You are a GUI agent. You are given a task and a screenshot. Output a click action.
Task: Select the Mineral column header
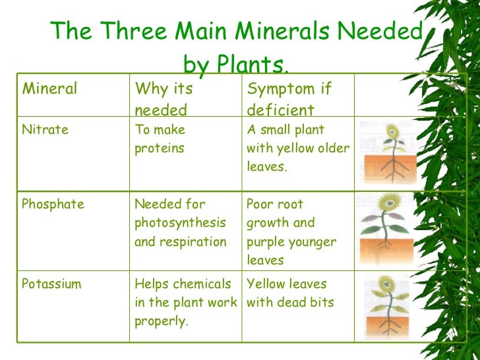tap(49, 88)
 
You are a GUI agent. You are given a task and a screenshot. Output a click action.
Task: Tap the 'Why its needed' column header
tap(163, 98)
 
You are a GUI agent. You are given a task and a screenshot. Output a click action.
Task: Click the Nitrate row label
tap(45, 130)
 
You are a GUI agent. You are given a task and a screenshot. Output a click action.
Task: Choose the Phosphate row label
tap(53, 204)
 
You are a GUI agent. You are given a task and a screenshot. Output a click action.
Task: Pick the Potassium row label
tap(51, 284)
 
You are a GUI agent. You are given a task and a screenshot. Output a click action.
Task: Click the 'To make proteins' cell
tap(160, 139)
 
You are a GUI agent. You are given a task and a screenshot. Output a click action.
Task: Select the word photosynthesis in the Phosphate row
tap(180, 223)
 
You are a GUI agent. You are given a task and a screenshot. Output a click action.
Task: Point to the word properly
tap(162, 321)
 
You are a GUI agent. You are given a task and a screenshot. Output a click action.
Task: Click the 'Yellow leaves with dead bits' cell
tap(290, 293)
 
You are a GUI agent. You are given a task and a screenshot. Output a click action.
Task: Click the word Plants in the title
tap(253, 65)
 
